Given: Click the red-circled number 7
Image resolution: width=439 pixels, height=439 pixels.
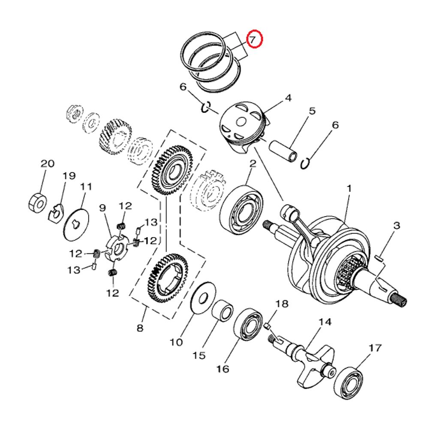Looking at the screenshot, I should (253, 40).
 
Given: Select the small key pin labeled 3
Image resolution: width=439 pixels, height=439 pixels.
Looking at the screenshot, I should (379, 258).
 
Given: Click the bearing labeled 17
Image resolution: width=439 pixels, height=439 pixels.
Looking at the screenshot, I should (349, 380).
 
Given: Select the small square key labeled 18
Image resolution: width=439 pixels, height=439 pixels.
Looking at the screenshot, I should (268, 326).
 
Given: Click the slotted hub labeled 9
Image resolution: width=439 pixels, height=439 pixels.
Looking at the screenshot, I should (117, 248).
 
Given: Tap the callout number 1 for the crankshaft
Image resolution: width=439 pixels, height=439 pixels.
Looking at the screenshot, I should (349, 188).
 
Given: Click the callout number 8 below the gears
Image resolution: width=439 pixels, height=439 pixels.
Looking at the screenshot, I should (140, 329).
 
